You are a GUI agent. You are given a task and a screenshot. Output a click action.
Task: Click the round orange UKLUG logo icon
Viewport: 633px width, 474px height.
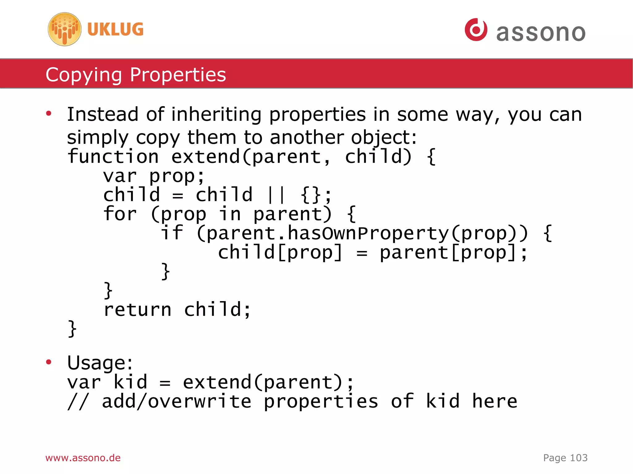click(65, 29)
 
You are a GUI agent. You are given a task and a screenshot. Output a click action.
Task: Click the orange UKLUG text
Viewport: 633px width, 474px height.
click(115, 29)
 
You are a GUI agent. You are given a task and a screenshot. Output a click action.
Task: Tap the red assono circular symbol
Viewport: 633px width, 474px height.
click(476, 30)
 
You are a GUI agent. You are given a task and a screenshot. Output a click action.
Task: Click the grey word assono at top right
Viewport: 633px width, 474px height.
click(541, 33)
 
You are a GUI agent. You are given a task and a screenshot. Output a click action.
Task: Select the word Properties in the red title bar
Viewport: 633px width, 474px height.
click(178, 75)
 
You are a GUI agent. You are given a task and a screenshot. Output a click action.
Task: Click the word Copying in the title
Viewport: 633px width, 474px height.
click(83, 75)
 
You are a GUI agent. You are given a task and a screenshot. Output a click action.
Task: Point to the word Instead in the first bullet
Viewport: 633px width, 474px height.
click(102, 114)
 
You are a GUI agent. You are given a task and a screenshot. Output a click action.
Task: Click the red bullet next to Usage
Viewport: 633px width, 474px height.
click(49, 362)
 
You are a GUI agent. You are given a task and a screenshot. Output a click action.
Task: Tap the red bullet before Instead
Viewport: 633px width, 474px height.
click(49, 114)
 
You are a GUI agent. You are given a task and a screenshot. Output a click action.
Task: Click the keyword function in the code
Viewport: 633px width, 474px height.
click(113, 156)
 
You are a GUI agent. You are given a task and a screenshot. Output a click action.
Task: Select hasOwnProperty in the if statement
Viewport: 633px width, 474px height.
click(368, 233)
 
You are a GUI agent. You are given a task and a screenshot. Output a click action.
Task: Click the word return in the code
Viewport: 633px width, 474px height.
click(137, 310)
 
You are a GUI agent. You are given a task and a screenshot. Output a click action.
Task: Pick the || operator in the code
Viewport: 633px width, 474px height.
click(276, 195)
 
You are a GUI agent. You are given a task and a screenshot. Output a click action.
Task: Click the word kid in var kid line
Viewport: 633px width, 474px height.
click(130, 382)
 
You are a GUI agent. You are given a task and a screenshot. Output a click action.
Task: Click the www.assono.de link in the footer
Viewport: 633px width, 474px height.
click(83, 458)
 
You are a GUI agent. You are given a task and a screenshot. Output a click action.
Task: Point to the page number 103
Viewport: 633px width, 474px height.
click(579, 458)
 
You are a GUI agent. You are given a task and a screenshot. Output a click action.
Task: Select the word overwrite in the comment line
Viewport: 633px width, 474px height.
click(199, 401)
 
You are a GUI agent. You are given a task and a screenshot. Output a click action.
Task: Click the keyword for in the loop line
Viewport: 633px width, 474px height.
click(120, 214)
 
